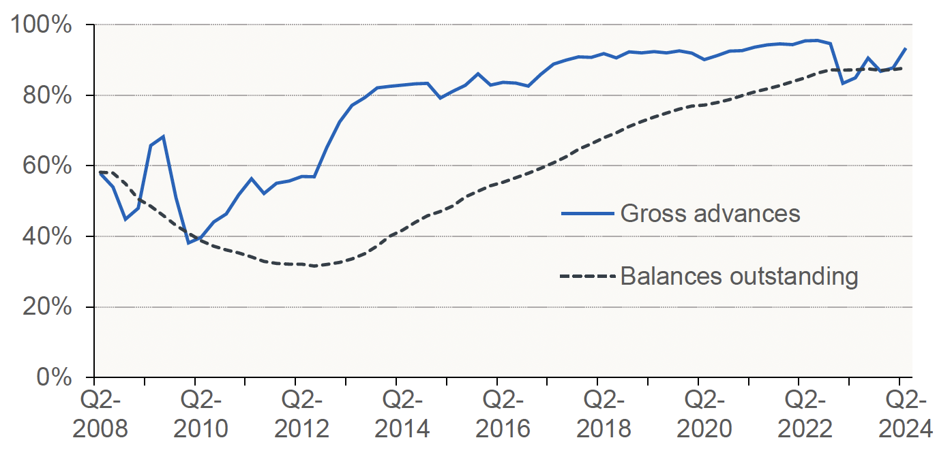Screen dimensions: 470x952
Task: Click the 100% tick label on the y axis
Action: click(x=42, y=26)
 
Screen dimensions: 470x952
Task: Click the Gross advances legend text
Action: click(x=709, y=213)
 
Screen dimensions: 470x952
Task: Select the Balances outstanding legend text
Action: click(x=739, y=277)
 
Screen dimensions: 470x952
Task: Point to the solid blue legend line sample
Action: click(x=587, y=214)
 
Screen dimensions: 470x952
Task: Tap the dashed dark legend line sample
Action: click(x=587, y=277)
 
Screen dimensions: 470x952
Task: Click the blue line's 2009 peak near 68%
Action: click(x=163, y=136)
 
